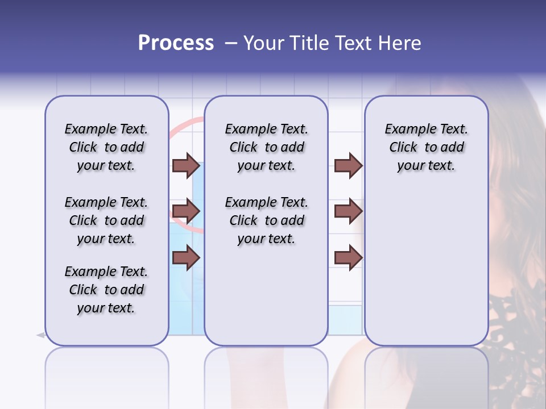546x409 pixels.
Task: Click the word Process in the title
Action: click(x=176, y=43)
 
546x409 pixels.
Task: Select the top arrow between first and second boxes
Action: click(x=186, y=166)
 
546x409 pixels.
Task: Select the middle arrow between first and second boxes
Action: click(x=186, y=212)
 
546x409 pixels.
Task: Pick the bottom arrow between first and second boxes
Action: click(x=186, y=258)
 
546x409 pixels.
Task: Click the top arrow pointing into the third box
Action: click(x=348, y=166)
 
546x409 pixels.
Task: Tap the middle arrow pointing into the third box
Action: click(x=348, y=212)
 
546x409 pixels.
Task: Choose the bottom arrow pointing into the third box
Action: click(x=348, y=258)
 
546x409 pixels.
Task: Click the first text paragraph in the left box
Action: click(x=106, y=148)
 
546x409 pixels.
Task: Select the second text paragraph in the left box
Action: click(x=106, y=220)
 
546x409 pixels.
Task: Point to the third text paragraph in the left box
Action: click(x=106, y=290)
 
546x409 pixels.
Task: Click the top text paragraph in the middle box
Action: click(x=266, y=148)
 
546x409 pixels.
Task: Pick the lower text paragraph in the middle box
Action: click(x=266, y=220)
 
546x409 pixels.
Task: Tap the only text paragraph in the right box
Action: click(x=426, y=148)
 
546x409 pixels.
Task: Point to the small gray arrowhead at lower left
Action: click(x=40, y=335)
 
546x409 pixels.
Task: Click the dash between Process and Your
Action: click(x=230, y=43)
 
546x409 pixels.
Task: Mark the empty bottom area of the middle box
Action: click(x=266, y=301)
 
